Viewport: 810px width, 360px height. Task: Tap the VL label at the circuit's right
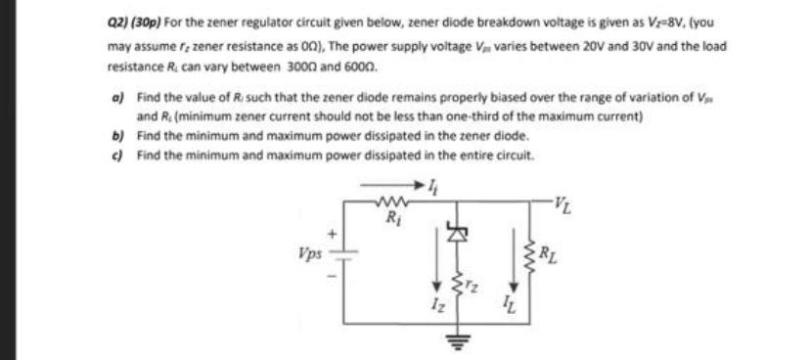[562, 204]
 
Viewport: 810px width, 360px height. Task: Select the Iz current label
[433, 312]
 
